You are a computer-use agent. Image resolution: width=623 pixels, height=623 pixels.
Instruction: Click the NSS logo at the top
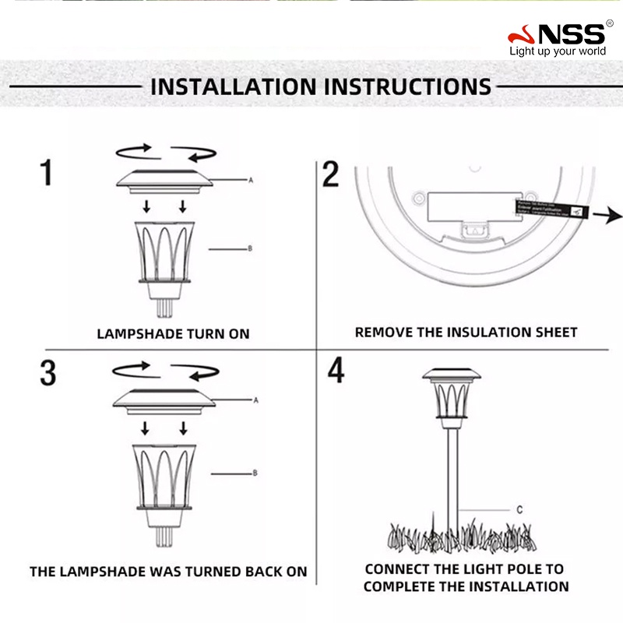[x=556, y=34]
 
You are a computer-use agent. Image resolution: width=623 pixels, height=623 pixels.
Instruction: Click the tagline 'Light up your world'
[x=557, y=52]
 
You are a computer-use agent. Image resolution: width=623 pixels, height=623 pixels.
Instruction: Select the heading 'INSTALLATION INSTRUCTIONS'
[x=320, y=86]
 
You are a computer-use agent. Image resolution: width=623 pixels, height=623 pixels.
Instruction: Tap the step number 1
[x=48, y=172]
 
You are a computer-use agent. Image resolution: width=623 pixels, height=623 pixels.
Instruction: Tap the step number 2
[x=331, y=174]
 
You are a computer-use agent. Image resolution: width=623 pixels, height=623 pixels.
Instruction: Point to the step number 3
[x=48, y=373]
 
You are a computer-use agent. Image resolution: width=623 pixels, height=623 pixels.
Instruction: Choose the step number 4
[x=336, y=371]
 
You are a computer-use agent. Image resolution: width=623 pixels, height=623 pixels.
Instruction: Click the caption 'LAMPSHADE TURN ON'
[x=173, y=333]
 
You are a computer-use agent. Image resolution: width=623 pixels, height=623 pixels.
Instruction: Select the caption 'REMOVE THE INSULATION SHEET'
[x=466, y=333]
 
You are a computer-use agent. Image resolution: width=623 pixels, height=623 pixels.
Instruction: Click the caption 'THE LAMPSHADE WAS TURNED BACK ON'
[x=168, y=572]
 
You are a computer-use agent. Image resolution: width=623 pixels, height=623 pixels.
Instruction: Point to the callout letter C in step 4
[x=519, y=510]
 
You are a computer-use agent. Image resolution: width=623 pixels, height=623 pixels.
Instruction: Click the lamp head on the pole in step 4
[x=452, y=396]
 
